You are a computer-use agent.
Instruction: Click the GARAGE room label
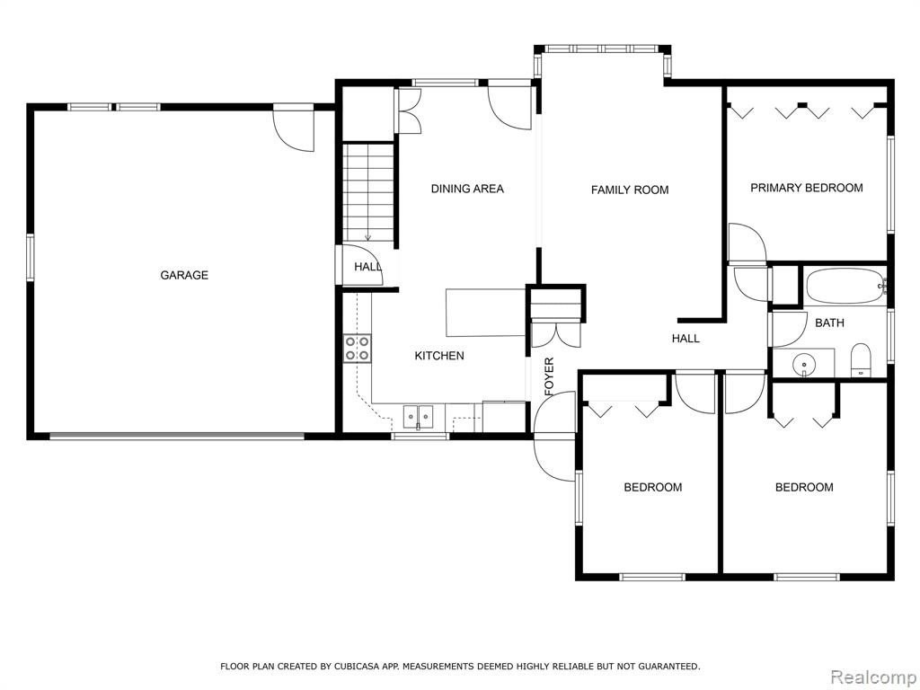(184, 275)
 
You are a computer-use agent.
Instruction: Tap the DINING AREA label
(467, 189)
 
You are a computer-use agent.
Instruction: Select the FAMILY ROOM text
(630, 190)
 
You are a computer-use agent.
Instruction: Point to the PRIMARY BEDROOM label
(807, 188)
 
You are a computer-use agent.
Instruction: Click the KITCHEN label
(439, 356)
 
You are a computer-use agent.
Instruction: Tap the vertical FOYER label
(549, 376)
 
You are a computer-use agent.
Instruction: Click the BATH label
(829, 323)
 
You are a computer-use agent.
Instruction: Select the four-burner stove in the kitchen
(358, 348)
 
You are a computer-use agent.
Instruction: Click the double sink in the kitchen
(418, 417)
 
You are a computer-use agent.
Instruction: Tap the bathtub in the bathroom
(845, 286)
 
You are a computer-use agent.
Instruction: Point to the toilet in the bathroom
(861, 359)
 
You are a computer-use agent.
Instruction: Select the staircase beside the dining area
(367, 192)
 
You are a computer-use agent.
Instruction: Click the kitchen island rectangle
(485, 313)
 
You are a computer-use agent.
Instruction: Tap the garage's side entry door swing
(294, 128)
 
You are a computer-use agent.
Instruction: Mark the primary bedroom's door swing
(747, 242)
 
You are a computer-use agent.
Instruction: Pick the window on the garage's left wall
(30, 258)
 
